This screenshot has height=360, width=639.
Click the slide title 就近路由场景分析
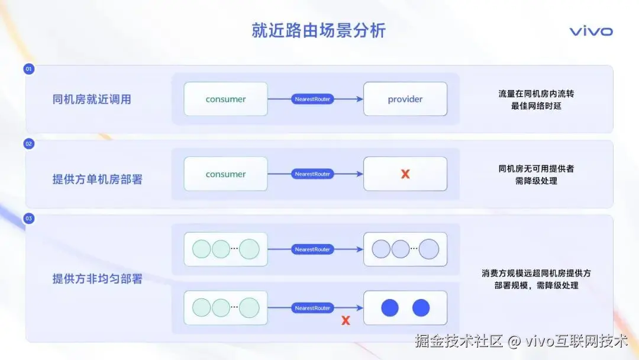pyautogui.click(x=318, y=31)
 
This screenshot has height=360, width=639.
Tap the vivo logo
pyautogui.click(x=590, y=31)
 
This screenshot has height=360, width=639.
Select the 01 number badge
pyautogui.click(x=29, y=69)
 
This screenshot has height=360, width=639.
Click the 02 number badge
pyautogui.click(x=29, y=144)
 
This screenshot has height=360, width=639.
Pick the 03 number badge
pyautogui.click(x=29, y=219)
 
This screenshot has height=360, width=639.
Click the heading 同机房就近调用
pyautogui.click(x=92, y=99)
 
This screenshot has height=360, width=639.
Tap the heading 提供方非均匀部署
pyautogui.click(x=98, y=279)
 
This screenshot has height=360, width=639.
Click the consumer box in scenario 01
pyautogui.click(x=225, y=99)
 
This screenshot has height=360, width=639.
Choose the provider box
pyautogui.click(x=405, y=99)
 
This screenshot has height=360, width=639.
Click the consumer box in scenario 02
pyautogui.click(x=225, y=174)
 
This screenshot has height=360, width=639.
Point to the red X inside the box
pyautogui.click(x=405, y=174)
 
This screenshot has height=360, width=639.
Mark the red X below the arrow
pyautogui.click(x=346, y=320)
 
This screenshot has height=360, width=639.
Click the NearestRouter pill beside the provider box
pyautogui.click(x=312, y=99)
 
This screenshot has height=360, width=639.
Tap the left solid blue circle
pyautogui.click(x=390, y=308)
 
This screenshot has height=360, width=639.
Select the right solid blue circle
pyautogui.click(x=421, y=308)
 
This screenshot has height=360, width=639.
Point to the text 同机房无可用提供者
pyautogui.click(x=536, y=169)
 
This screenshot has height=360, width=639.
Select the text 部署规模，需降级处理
pyautogui.click(x=536, y=285)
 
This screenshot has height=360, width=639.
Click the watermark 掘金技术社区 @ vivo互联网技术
pyautogui.click(x=521, y=341)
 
